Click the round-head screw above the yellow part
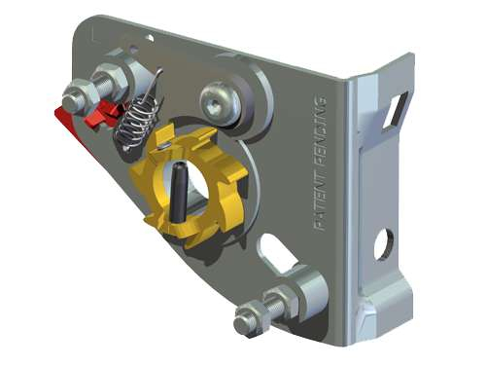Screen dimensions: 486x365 click(x=221, y=101)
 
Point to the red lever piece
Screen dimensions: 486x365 click(x=87, y=121)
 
